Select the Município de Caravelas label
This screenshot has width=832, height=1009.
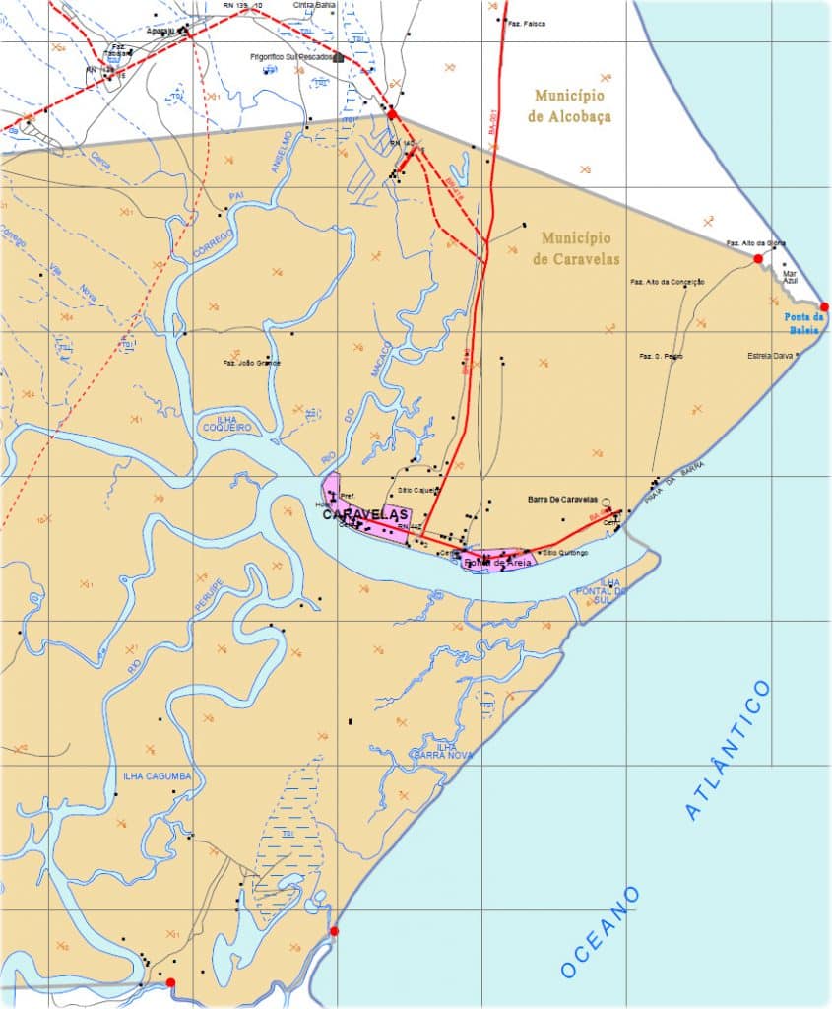click(576, 249)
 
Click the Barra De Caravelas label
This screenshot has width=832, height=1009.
click(564, 500)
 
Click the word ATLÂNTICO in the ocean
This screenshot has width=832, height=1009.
click(729, 749)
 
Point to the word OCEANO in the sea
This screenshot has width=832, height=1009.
click(601, 931)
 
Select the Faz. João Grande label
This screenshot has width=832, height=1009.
click(252, 363)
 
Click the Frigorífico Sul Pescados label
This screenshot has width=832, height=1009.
click(291, 57)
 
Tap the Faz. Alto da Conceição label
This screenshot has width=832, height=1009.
click(668, 282)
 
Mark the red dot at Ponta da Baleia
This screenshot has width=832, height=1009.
click(824, 307)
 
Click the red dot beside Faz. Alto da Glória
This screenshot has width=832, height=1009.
click(758, 258)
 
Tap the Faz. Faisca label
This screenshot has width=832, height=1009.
click(527, 23)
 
